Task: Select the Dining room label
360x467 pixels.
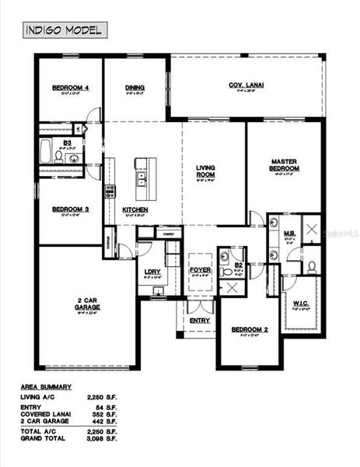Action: (x=135, y=88)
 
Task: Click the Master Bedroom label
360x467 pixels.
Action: (x=285, y=165)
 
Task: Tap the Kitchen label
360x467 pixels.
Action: (x=135, y=210)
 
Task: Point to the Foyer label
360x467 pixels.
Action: (x=200, y=270)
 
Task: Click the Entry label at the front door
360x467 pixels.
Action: (x=200, y=320)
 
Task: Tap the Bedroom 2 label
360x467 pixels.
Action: (x=249, y=329)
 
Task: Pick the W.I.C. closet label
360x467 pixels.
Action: (x=299, y=305)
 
